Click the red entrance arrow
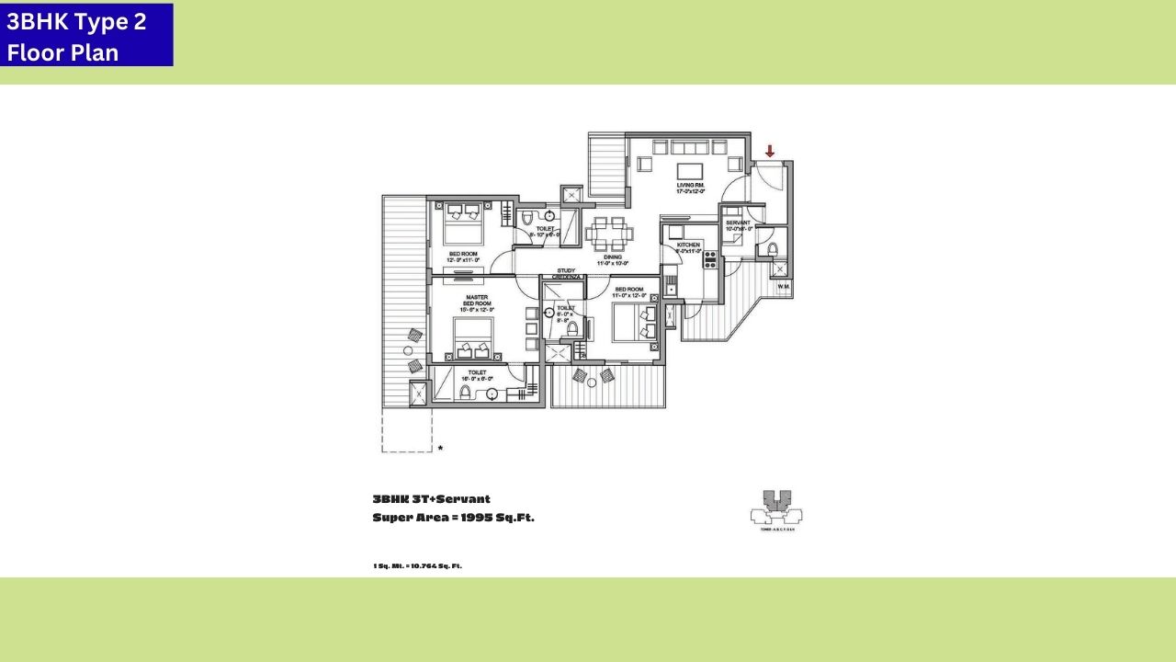click(770, 151)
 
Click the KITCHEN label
click(688, 246)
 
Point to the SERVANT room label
click(738, 223)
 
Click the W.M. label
click(784, 286)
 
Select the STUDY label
click(566, 270)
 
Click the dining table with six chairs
click(608, 234)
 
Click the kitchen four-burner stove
click(709, 258)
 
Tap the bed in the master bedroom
click(474, 339)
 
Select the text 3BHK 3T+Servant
click(431, 499)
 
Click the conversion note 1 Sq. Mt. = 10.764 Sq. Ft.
click(417, 565)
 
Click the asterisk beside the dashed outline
click(440, 449)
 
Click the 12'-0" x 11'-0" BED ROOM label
click(463, 257)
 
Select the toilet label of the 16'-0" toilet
click(477, 374)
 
